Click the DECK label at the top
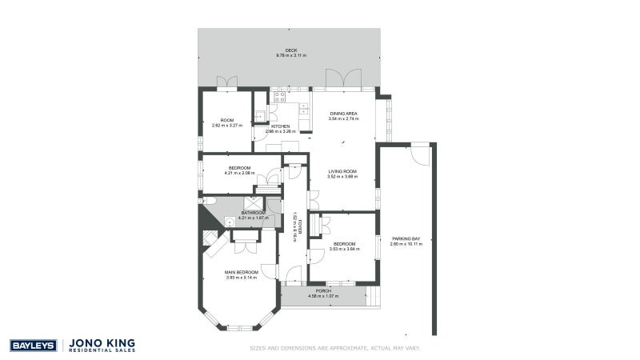291,50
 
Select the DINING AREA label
342,114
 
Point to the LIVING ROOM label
342,171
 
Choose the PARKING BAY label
406,238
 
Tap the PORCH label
324,290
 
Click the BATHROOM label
254,213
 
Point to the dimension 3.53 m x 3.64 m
345,249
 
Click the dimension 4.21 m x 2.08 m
240,173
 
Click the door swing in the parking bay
418,154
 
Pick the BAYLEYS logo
32,346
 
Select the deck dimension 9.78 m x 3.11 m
291,55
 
